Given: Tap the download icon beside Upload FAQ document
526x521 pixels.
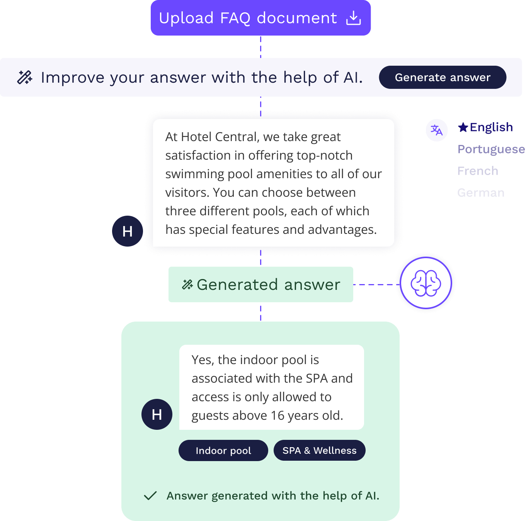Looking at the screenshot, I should coord(353,18).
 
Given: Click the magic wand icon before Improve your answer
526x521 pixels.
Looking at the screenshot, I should coord(25,77).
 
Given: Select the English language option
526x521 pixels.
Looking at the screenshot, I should coord(491,127).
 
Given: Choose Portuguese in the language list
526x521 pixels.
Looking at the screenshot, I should coord(491,149).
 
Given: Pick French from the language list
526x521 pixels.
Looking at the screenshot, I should coord(478,171).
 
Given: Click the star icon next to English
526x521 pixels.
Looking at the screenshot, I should coord(463,127).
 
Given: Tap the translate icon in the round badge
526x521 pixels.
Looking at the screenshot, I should coord(437,130).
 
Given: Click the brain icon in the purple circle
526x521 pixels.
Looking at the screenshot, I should coord(426,283).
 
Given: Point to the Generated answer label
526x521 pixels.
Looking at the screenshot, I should coord(268,285).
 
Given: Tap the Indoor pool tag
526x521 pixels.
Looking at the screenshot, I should coord(223,450).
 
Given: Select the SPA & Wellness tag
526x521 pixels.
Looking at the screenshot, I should coord(319,450).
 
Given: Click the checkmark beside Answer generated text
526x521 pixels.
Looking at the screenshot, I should coord(150,495).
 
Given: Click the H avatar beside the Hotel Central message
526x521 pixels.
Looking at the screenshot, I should coord(128,231).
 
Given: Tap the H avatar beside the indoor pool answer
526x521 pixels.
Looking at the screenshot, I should coord(157,414).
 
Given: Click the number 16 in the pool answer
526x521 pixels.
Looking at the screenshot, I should coord(277,415).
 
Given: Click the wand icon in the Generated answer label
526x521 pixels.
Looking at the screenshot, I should coord(187,285).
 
